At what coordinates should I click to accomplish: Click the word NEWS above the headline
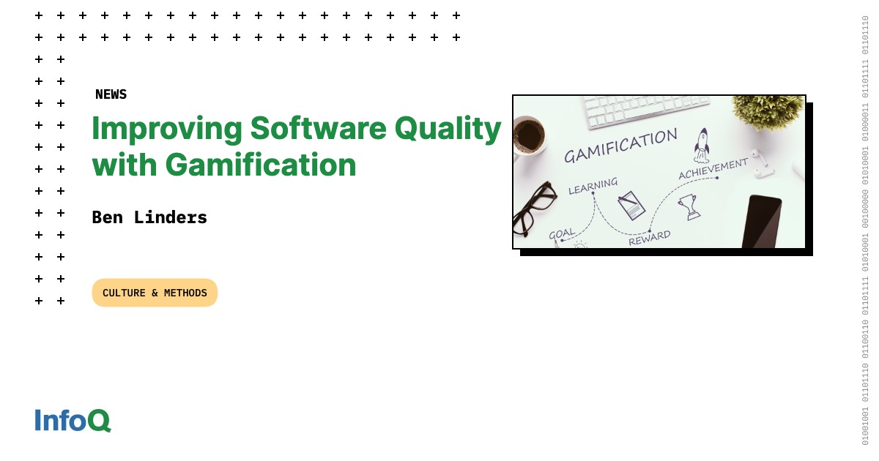point(111,94)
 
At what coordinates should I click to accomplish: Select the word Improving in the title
point(166,129)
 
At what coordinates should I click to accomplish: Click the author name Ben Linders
point(149,217)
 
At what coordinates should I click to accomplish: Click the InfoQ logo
point(73,420)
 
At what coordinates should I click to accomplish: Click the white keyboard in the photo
point(645,109)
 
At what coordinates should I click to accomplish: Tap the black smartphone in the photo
point(762,221)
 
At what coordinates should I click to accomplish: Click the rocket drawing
point(702,144)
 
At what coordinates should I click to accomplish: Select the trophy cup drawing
point(689,206)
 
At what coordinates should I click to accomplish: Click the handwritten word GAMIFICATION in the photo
point(620,146)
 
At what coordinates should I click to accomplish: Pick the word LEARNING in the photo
point(593,187)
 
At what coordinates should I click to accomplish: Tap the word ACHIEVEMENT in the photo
point(713,168)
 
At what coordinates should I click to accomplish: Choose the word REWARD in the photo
point(649,237)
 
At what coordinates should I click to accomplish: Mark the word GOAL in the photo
point(562,234)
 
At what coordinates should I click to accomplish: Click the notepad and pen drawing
point(631,204)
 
